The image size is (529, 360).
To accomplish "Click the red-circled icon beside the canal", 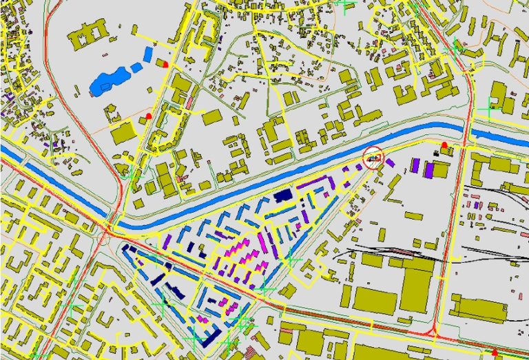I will point(373,157).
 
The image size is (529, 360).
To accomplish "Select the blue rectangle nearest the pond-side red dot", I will point(147,53).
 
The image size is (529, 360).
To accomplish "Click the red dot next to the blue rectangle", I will point(165,63).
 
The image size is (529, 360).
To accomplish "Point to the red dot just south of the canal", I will point(444,145).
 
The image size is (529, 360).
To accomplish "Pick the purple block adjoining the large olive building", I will point(428,169).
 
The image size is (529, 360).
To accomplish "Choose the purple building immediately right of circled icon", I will point(390,163).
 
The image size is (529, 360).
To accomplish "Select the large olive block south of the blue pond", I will point(124,132).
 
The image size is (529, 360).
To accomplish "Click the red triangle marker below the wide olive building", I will point(494,353).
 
